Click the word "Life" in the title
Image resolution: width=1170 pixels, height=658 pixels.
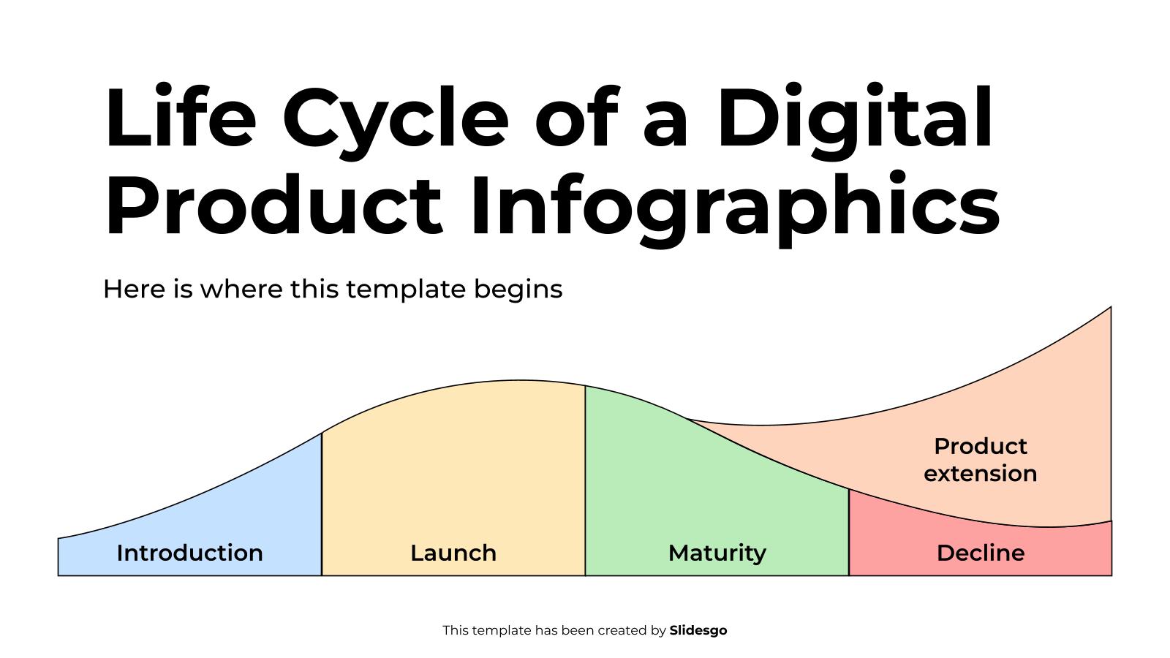(180, 118)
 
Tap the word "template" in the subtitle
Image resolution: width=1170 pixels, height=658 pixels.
(405, 290)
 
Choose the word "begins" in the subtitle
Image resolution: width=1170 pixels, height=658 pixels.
(518, 290)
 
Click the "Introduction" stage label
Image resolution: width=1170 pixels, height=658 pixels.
(189, 553)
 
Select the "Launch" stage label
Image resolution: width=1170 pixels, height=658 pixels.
(453, 553)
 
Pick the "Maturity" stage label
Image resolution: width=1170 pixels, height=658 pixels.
(717, 553)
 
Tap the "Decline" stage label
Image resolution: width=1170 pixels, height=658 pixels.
(980, 553)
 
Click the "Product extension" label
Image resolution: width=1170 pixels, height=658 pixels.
(980, 460)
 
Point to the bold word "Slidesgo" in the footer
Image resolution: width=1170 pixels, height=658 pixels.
(698, 630)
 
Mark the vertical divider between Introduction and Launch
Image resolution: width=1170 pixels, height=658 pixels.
(322, 504)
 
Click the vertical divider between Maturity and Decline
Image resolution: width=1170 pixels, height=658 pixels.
(849, 532)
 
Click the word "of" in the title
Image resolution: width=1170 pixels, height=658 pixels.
(577, 119)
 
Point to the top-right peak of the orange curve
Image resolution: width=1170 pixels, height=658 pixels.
(1110, 308)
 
